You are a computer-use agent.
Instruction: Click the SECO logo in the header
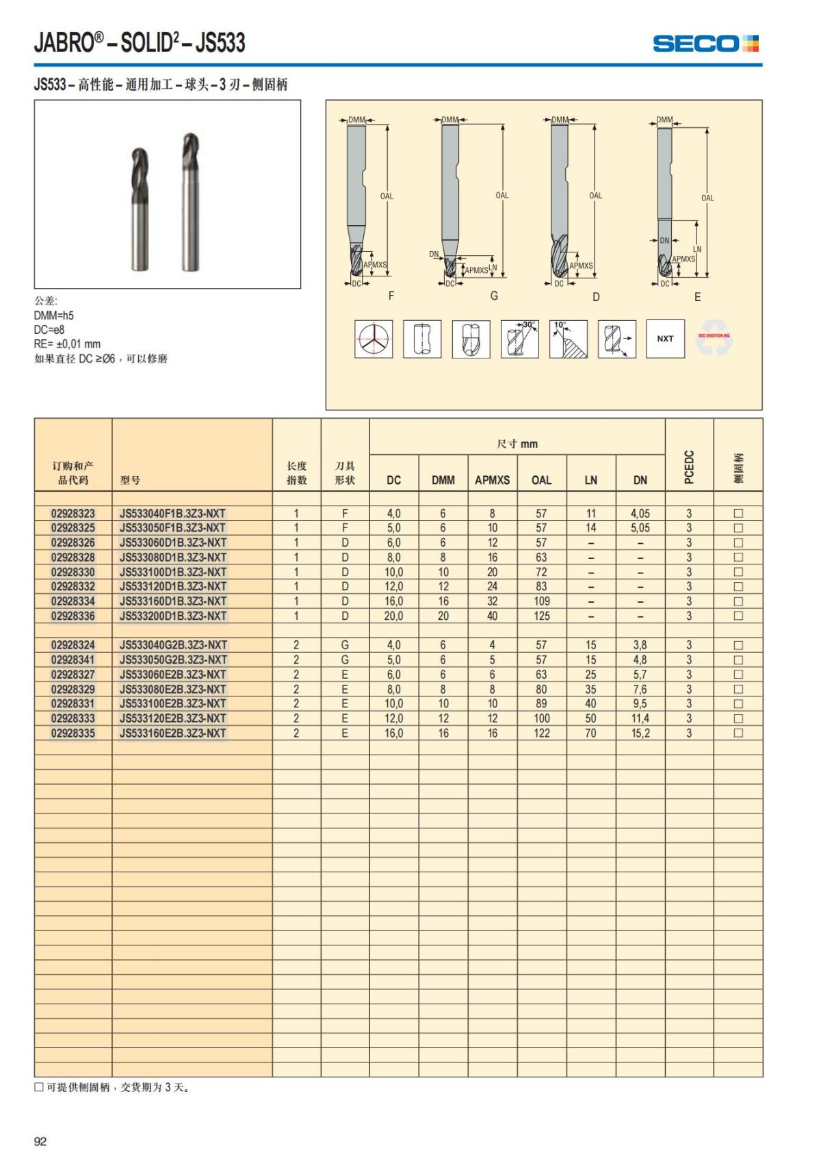coord(705,44)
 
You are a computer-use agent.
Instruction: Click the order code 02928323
coord(73,513)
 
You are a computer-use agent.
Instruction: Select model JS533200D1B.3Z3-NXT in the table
coord(172,616)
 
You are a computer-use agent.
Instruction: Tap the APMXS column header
coord(492,480)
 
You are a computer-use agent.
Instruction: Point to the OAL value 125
coord(541,616)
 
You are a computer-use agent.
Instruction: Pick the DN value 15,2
coord(640,733)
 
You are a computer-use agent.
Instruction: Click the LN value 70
coord(590,733)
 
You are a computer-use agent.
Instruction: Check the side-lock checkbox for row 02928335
coord(738,733)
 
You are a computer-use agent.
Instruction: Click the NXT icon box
coord(665,339)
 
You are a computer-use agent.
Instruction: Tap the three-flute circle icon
coord(374,339)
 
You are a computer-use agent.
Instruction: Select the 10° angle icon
coord(568,339)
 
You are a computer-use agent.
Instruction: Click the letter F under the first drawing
coord(391,296)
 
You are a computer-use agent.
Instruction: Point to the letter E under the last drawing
coord(697,297)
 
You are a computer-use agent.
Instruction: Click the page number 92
coord(40,1141)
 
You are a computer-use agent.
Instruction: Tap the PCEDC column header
coord(689,467)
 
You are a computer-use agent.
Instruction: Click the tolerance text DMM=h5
coord(53,315)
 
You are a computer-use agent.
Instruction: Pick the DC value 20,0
coord(393,616)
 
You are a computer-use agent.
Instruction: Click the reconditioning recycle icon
coord(714,338)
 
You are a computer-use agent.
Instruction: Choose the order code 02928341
coord(73,660)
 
